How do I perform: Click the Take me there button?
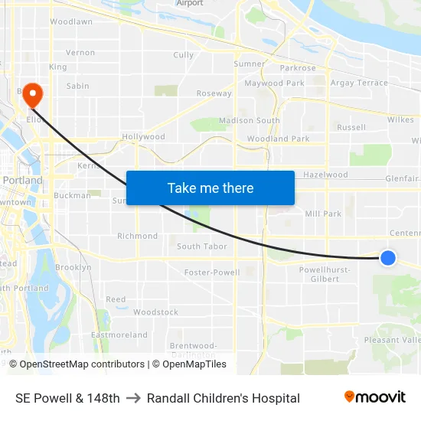pos(210,188)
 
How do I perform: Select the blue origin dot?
pos(388,258)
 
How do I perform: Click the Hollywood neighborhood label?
pos(143,137)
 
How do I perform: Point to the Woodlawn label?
pos(71,22)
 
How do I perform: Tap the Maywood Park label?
pos(274,83)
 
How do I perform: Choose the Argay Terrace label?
pos(359,83)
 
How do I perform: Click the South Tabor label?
pos(202,246)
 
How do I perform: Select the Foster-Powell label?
pos(212,273)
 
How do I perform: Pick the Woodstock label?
pos(155,312)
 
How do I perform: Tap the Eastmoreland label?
pos(119,335)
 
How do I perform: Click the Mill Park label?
pos(323,214)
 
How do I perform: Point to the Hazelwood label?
pos(325,175)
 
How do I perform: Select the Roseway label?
pos(214,93)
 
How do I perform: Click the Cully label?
pos(184,55)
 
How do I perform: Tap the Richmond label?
pos(137,237)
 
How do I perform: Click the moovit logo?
pos(374,397)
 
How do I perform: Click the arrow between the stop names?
pos(133,398)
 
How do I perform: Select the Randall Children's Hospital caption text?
pos(224,398)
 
